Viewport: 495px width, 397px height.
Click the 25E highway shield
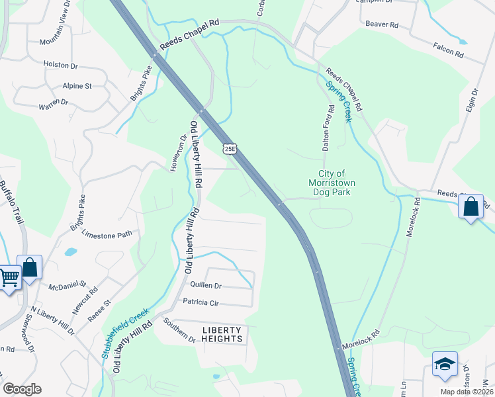[229, 150]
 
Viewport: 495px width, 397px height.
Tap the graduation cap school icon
[445, 365]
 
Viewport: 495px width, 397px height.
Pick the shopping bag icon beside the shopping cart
[29, 267]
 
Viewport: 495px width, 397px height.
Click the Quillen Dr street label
[205, 286]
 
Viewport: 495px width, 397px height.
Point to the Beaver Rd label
[382, 24]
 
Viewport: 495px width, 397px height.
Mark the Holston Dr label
[60, 66]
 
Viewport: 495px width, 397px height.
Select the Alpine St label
[77, 86]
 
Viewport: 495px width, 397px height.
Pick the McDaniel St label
[67, 287]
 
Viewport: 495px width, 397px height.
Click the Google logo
[22, 389]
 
